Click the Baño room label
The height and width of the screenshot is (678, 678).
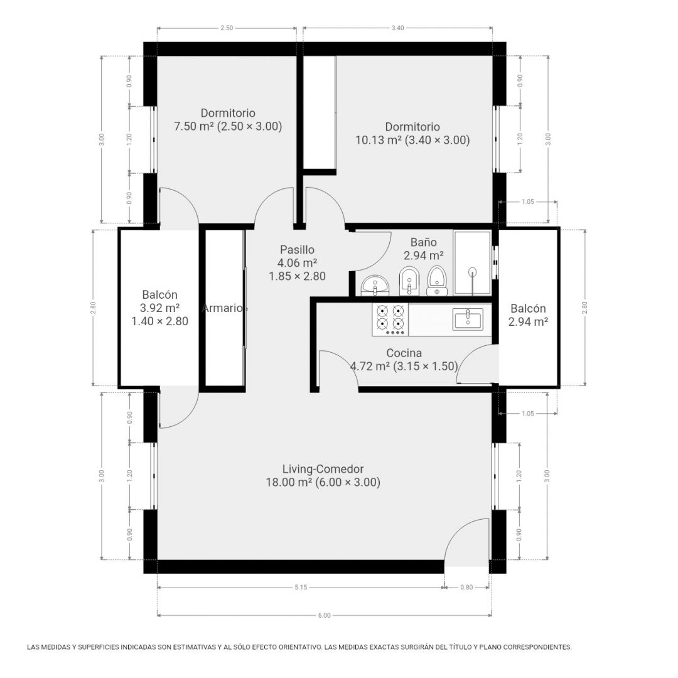pos(423,242)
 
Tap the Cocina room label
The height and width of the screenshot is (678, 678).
pos(404,353)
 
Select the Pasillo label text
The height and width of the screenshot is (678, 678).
pos(297,249)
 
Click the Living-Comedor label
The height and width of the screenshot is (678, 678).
pos(323,469)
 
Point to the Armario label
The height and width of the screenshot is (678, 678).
pos(223,308)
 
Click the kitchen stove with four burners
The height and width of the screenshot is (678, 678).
pos(390,319)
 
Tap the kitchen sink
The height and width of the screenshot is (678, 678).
pos(468,319)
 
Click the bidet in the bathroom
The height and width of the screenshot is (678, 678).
pos(409,281)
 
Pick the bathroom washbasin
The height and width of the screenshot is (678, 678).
pos(375,286)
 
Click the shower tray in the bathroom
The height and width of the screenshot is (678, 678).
pos(472,263)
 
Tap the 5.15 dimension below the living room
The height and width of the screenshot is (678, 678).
pos(301,587)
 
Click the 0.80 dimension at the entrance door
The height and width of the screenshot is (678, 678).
pos(466,587)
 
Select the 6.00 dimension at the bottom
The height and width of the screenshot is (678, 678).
pos(324,615)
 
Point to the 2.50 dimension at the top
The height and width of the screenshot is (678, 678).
pos(227,28)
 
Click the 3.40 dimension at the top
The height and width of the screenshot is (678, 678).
pos(397,28)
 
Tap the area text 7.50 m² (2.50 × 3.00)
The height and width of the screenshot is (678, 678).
pos(228,126)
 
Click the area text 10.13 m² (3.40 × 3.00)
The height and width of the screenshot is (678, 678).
pos(412,140)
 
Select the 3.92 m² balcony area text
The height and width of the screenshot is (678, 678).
pos(159,308)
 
